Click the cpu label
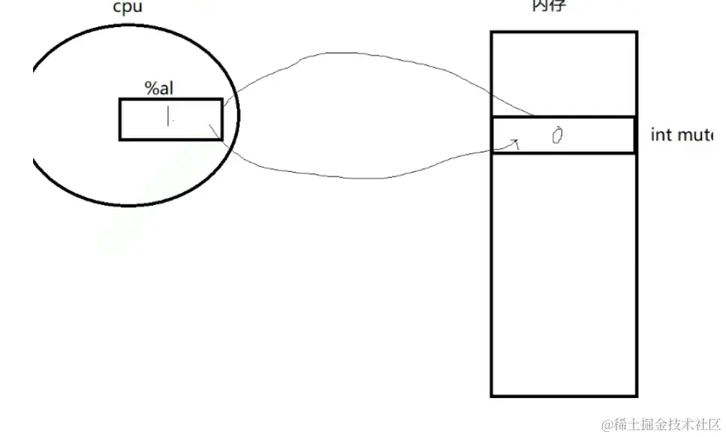127,8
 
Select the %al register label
159,89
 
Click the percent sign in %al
151,89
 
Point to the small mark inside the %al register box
169,116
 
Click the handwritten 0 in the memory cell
557,135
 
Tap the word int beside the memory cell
661,136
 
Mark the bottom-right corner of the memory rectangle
637,395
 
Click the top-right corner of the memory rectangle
637,32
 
